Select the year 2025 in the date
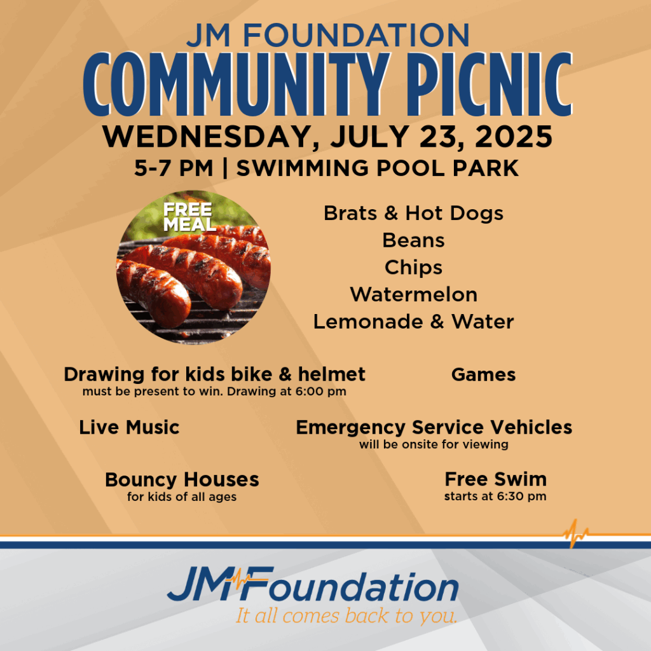pos(514,137)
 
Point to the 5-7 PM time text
pos(174,168)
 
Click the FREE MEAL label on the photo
pos(189,217)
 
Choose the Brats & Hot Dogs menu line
pos(413,214)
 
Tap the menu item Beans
pos(413,240)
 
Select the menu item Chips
pos(413,268)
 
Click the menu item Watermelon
pos(413,295)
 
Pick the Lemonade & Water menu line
pos(413,322)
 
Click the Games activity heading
pos(484,374)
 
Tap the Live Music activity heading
pos(129,427)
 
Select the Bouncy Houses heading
pos(182,481)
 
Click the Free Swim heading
pos(496,479)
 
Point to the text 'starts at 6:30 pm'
pos(495,497)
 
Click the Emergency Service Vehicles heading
pos(434,428)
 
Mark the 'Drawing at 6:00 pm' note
pos(287,392)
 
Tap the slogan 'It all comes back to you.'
pos(346,616)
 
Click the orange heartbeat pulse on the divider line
pos(575,533)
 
